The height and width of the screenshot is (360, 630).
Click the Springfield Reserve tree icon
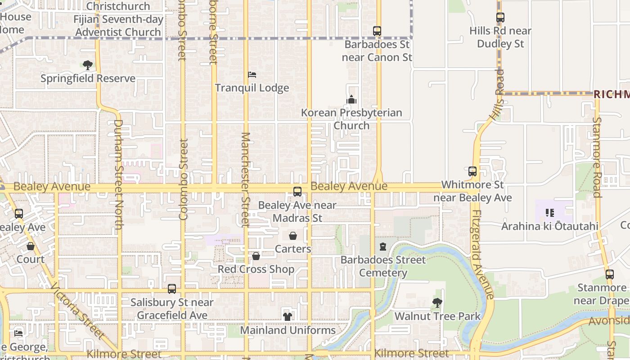pyautogui.click(x=88, y=65)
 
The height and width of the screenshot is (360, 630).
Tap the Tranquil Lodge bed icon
pyautogui.click(x=252, y=74)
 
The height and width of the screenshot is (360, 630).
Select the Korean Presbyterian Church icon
pyautogui.click(x=351, y=99)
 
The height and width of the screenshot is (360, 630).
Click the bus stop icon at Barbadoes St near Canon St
pyautogui.click(x=377, y=31)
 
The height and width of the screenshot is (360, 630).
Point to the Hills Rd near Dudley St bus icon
pyautogui.click(x=500, y=18)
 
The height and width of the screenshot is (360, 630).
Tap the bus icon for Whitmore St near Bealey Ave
pyautogui.click(x=472, y=171)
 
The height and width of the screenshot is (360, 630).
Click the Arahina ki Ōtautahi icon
pyautogui.click(x=549, y=212)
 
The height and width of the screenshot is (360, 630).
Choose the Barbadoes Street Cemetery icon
pyautogui.click(x=383, y=247)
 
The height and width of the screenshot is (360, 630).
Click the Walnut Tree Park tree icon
pyautogui.click(x=437, y=303)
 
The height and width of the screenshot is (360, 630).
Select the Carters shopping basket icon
pyautogui.click(x=293, y=236)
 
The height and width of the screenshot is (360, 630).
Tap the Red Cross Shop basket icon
pyautogui.click(x=256, y=256)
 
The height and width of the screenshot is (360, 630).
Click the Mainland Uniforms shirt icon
pyautogui.click(x=288, y=317)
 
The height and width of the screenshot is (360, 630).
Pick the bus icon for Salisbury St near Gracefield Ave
pyautogui.click(x=172, y=289)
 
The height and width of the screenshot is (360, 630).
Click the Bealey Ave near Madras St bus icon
pyautogui.click(x=297, y=192)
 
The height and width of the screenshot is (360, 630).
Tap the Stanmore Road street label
pyautogui.click(x=597, y=157)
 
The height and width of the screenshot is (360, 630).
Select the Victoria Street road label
pyautogui.click(x=78, y=310)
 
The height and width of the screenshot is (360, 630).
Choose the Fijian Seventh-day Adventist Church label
pyautogui.click(x=118, y=26)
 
